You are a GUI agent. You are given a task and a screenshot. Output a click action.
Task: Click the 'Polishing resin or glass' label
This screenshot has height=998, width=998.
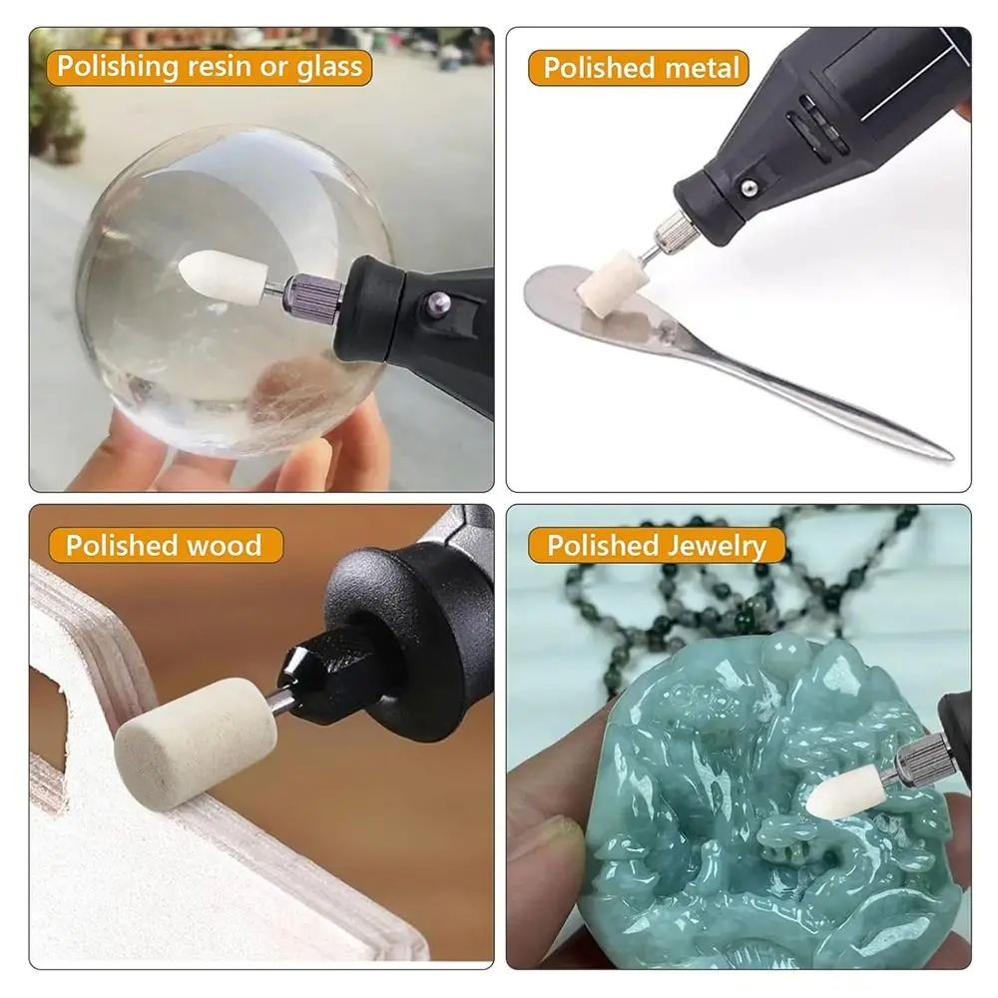click(x=209, y=67)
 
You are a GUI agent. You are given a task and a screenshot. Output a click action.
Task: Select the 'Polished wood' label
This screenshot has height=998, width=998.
click(x=163, y=545)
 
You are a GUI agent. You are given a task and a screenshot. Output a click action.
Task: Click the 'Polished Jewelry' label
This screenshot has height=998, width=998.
click(x=656, y=545)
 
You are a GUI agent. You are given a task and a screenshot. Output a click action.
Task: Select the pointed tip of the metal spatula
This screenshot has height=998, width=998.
click(x=943, y=454)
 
